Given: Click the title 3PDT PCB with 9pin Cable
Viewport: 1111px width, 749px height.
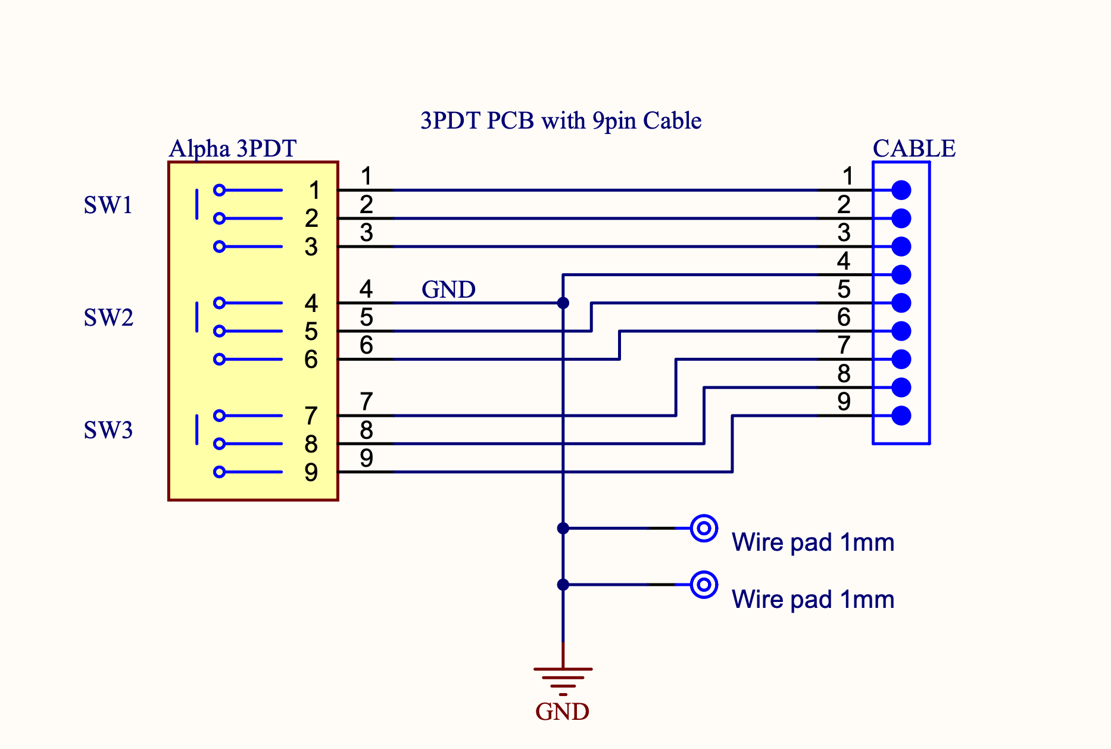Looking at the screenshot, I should (561, 121).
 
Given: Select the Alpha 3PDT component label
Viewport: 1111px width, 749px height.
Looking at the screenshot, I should (233, 149).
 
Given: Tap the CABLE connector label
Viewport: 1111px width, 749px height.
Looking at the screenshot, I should (914, 149).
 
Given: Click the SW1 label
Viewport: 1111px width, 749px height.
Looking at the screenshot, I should (108, 205).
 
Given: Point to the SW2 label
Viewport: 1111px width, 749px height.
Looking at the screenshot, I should (108, 318).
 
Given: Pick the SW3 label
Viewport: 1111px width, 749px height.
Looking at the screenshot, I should (108, 430).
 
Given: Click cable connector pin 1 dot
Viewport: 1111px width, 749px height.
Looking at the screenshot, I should (901, 191).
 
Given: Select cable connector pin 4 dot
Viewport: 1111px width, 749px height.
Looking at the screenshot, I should (901, 274).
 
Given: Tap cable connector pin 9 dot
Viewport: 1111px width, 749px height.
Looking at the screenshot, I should (901, 416).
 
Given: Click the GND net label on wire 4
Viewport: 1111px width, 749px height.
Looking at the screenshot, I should (448, 290).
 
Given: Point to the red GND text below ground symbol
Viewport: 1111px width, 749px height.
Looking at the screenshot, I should (562, 712).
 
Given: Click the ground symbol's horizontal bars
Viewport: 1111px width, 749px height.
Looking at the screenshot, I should (563, 678).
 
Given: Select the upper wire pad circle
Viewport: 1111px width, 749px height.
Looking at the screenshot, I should (704, 528).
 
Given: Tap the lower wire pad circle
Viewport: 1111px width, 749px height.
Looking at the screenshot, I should (704, 585).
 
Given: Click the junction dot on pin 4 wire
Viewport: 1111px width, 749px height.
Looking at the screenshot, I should (563, 303).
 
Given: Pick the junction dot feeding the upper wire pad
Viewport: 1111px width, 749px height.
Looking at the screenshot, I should (563, 528).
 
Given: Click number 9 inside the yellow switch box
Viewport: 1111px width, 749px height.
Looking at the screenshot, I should (311, 473).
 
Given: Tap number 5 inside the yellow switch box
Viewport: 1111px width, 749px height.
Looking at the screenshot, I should (311, 332).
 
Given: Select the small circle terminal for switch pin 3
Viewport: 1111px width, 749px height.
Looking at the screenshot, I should (219, 246).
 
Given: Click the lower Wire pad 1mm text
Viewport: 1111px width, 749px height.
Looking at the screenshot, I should (813, 600).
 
